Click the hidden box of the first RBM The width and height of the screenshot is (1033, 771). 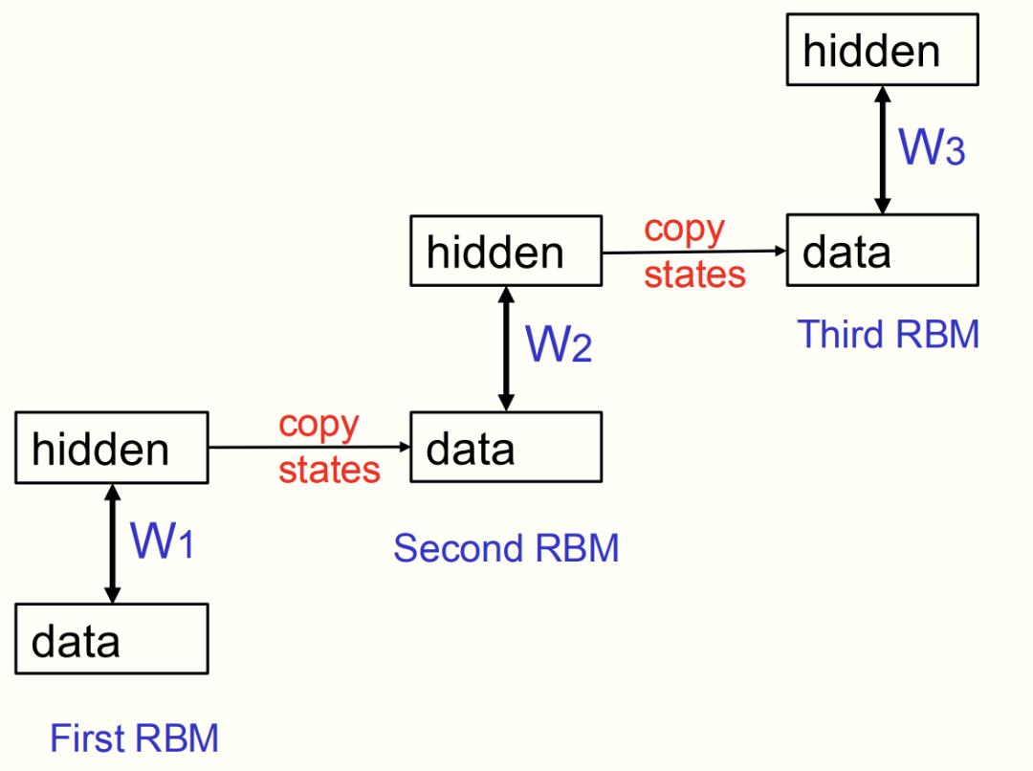(x=111, y=448)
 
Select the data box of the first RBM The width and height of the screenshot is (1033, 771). (x=111, y=639)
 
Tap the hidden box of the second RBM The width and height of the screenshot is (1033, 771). (x=506, y=251)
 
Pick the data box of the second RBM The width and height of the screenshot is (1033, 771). (x=506, y=447)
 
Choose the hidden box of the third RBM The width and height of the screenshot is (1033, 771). (x=882, y=50)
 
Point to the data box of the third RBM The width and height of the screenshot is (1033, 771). (x=882, y=250)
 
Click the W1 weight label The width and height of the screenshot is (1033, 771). (x=163, y=542)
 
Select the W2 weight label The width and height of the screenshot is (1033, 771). (x=559, y=344)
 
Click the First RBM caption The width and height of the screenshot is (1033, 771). (x=134, y=738)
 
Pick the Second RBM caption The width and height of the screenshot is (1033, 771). (x=506, y=548)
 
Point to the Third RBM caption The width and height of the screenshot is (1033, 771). (x=889, y=334)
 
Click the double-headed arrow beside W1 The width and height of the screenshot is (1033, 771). (x=112, y=543)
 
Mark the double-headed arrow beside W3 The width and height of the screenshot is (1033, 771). (x=883, y=150)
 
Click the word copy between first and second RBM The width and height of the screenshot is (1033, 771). (x=319, y=425)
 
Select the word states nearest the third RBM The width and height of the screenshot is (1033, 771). (x=694, y=275)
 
